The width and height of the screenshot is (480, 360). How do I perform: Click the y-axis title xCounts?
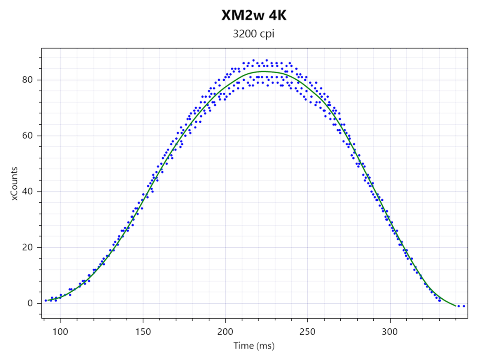point(14,183)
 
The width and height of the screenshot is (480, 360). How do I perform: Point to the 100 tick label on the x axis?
point(60,332)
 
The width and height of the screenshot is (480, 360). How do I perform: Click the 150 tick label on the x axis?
point(143,332)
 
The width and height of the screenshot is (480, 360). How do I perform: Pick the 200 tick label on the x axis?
point(225,332)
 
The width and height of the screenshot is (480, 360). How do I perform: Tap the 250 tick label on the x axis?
point(307,332)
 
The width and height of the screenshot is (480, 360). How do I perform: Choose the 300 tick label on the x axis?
point(390,332)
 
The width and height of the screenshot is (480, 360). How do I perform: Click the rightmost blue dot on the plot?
point(464,306)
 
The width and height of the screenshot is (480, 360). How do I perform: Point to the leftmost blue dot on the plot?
point(46,300)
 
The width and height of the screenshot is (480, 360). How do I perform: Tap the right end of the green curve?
point(456,306)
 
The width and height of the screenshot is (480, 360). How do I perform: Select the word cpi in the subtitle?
point(266,34)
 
